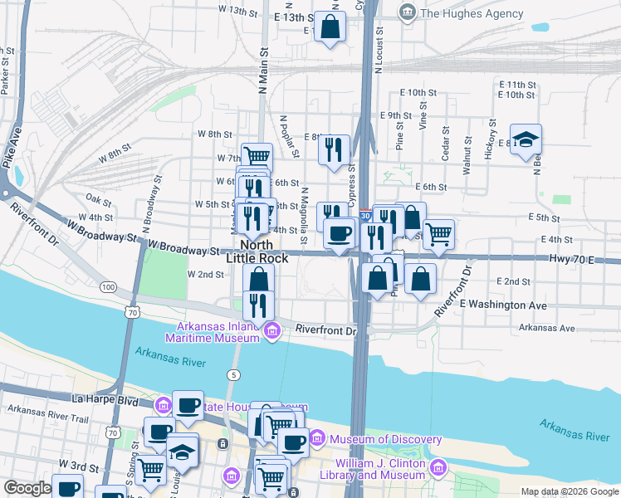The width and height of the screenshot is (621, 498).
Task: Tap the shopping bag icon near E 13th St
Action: (x=330, y=26)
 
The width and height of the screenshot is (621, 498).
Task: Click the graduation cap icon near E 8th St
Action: (x=526, y=139)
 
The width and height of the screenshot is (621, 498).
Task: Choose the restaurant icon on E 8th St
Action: (x=334, y=149)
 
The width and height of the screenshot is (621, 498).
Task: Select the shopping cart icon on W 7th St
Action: (x=257, y=156)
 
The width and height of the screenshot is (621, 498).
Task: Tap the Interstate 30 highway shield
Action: (x=366, y=214)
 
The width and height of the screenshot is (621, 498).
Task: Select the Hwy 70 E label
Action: (x=572, y=259)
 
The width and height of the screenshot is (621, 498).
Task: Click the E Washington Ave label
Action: (x=503, y=305)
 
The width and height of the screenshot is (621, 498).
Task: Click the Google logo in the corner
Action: (x=27, y=488)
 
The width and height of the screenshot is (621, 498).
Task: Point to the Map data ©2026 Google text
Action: (x=569, y=491)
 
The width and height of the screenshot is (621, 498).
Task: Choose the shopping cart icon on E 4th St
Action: (x=438, y=233)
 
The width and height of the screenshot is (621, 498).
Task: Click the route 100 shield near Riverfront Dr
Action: (x=108, y=286)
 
